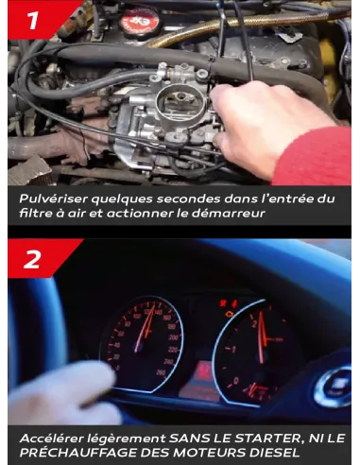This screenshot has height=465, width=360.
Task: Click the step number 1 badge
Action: click(30, 20)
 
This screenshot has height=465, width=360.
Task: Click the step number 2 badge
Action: click(31, 258)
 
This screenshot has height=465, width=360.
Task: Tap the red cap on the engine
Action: click(139, 18)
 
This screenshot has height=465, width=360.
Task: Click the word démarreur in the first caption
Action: click(231, 214)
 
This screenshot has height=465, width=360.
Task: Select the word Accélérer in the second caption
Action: click(56, 438)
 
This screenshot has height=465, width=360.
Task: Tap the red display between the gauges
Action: click(199, 383)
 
